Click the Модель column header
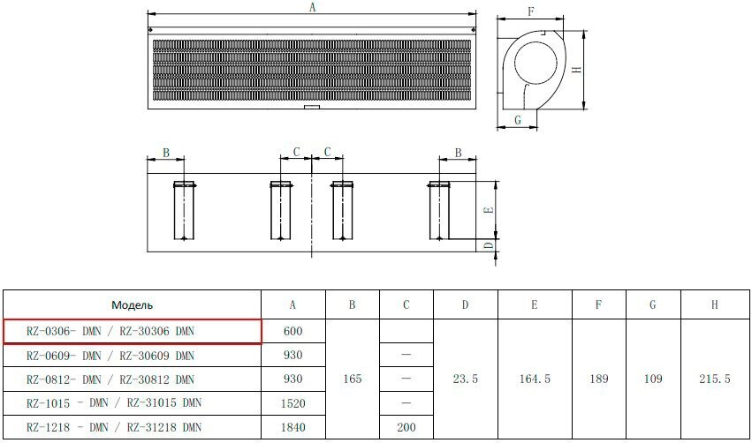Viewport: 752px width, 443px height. [133, 304]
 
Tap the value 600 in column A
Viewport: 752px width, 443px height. [293, 331]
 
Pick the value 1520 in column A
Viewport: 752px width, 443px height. [293, 403]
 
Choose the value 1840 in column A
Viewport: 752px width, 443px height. [293, 428]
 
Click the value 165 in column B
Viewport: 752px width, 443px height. [352, 379]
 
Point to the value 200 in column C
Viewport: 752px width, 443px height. [406, 428]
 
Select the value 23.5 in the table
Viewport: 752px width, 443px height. [465, 379]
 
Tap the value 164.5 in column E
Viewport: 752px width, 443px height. [534, 379]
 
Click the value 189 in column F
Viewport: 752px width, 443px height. [598, 379]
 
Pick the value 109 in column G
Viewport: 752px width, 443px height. [652, 379]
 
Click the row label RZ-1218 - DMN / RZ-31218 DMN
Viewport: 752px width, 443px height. [114, 428]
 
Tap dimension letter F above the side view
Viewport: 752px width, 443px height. [530, 11]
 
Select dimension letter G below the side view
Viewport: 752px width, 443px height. [518, 118]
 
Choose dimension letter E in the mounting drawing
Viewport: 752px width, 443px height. [487, 210]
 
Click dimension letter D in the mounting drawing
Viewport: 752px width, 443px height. [487, 245]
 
